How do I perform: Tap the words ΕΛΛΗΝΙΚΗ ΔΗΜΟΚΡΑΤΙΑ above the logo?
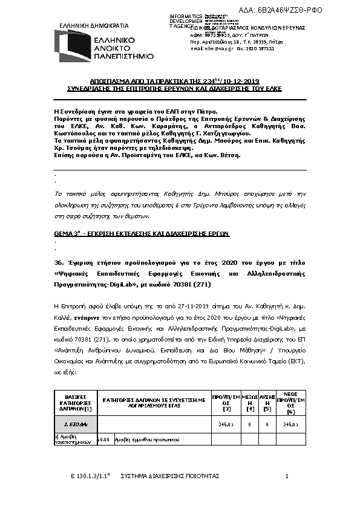[94, 26]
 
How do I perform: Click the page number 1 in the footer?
[286, 477]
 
